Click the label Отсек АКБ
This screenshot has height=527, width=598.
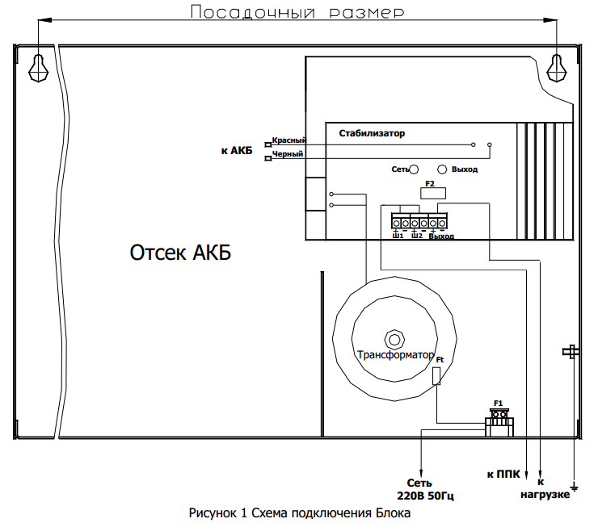pos(180,253)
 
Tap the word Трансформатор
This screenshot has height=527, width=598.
pos(395,354)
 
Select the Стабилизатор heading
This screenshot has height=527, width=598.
pos(372,133)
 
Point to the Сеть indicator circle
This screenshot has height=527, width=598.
pos(414,169)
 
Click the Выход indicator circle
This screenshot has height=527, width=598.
pos(442,169)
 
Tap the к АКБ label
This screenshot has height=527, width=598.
pos(236,150)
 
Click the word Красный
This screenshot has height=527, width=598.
pos(288,140)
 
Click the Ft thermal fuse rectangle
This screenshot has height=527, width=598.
pos(437,376)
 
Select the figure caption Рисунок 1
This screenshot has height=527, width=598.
pos(300,513)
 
